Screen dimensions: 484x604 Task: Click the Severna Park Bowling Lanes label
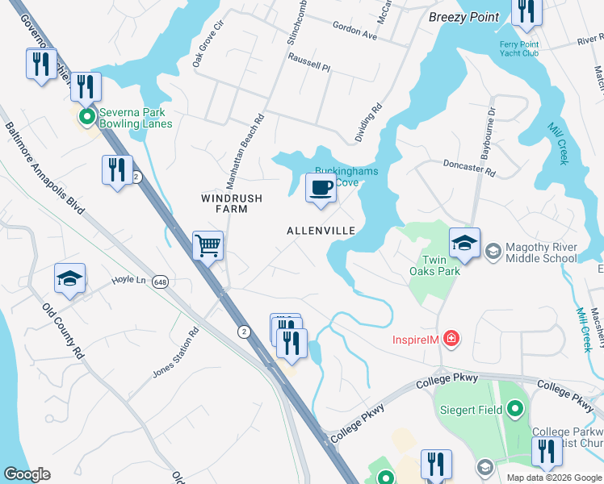pyautogui.click(x=136, y=118)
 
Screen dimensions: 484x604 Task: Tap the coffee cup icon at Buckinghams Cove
pyautogui.click(x=321, y=188)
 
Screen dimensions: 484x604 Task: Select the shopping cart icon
pyautogui.click(x=208, y=245)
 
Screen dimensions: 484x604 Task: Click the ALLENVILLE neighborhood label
pyautogui.click(x=321, y=231)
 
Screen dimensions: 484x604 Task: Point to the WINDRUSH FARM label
pyautogui.click(x=224, y=203)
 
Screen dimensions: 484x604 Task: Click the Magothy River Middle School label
pyautogui.click(x=541, y=252)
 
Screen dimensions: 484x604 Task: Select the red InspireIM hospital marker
pyautogui.click(x=452, y=339)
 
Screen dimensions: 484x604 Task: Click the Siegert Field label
pyautogui.click(x=471, y=410)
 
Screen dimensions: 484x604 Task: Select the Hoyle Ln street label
pyautogui.click(x=128, y=280)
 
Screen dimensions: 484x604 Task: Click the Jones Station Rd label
pyautogui.click(x=175, y=353)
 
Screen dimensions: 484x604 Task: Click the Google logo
pyautogui.click(x=27, y=474)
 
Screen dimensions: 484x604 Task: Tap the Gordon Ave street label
pyautogui.click(x=355, y=31)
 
